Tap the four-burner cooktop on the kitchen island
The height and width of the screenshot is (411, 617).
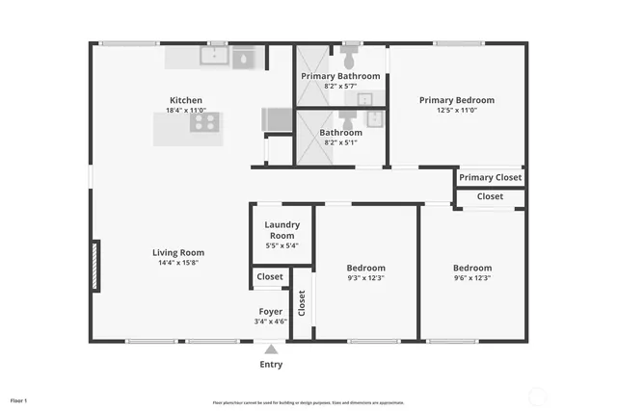pos(205,122)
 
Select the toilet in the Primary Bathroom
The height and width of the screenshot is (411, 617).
pos(351,48)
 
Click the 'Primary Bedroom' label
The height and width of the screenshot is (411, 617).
pos(456,100)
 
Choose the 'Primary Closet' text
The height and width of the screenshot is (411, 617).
pos(490,177)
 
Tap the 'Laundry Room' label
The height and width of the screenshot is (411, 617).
pos(282,230)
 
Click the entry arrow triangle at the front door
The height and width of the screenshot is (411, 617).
pos(271,349)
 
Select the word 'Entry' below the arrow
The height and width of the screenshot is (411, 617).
pos(271,365)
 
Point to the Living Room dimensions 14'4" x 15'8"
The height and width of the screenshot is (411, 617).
pos(178,263)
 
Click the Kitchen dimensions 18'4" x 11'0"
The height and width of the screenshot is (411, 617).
pos(186,112)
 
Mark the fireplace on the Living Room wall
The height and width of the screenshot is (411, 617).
pos(94,266)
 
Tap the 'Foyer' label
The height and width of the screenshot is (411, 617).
pos(270,311)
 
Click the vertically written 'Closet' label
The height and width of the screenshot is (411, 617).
pos(302,303)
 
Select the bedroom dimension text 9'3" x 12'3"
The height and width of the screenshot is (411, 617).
pos(365,278)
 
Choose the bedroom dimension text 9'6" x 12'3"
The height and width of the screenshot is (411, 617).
pos(472,278)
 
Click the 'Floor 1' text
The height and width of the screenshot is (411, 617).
pos(18,399)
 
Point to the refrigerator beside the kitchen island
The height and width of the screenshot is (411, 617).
pos(277,119)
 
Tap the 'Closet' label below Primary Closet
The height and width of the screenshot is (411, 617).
pos(490,196)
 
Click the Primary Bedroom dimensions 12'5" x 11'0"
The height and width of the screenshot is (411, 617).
pos(456,111)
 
